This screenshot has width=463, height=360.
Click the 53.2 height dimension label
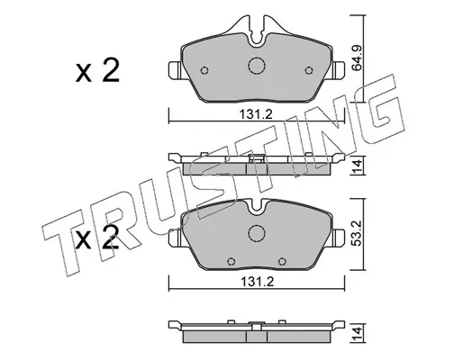(357, 234)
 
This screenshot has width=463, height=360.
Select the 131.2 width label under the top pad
(256, 114)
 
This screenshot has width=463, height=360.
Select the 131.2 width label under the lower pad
(257, 282)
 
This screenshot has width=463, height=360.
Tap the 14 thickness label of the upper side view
(357, 166)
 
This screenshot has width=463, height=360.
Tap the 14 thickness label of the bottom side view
(357, 334)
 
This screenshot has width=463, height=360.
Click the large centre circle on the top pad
(257, 66)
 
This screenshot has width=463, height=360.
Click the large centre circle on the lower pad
(257, 233)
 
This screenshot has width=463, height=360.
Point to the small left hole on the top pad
(204, 70)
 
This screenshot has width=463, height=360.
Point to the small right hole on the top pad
(309, 70)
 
